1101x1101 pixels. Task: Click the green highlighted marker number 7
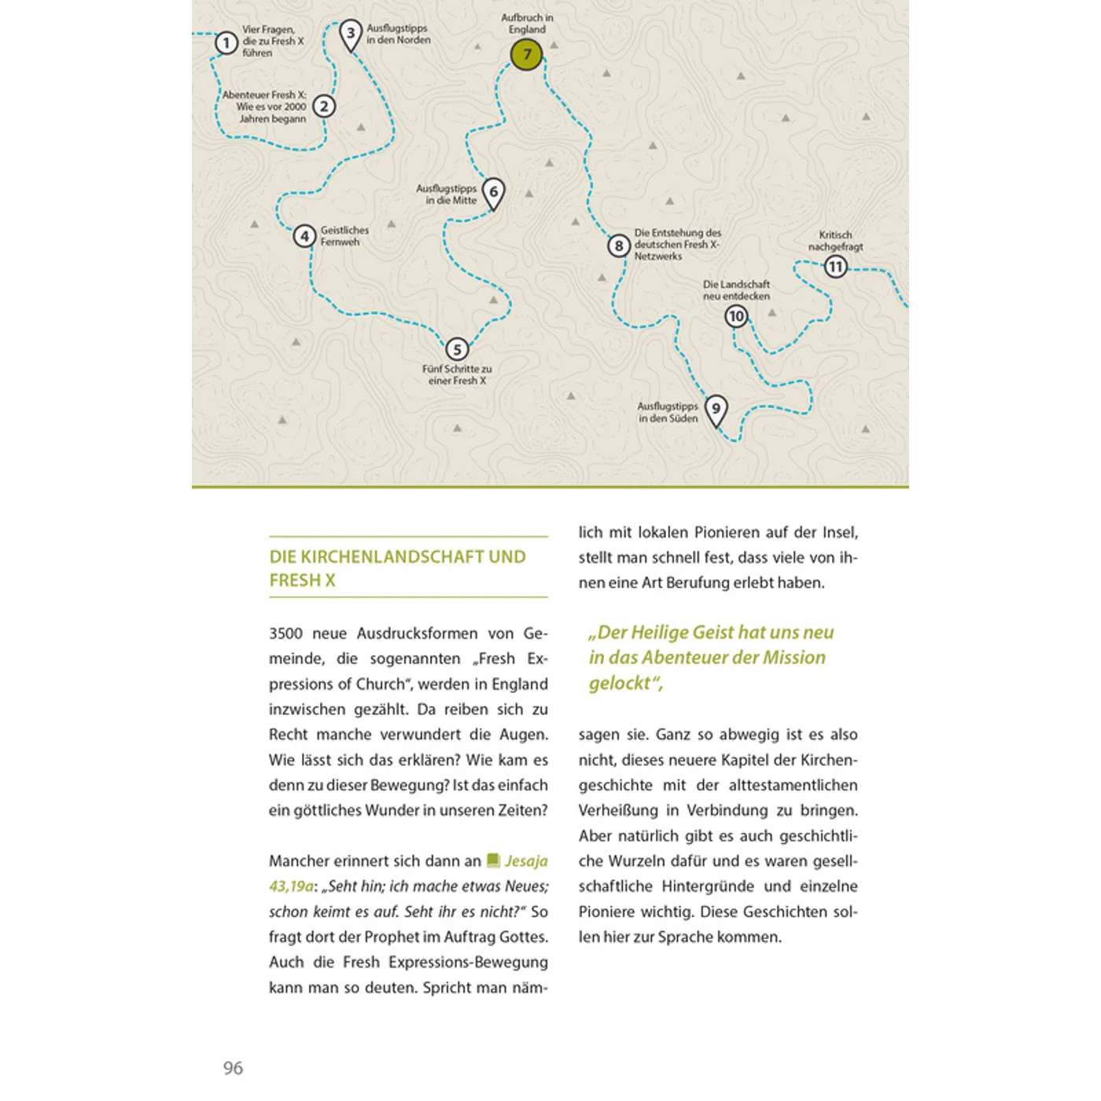[526, 54]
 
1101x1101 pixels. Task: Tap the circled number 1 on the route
[226, 42]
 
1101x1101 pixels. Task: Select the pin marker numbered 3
[351, 34]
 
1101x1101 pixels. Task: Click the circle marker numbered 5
[457, 349]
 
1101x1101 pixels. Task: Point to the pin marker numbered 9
[716, 409]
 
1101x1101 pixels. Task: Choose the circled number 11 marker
[835, 267]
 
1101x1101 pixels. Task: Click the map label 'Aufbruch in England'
[527, 24]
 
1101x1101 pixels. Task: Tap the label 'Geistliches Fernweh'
[344, 236]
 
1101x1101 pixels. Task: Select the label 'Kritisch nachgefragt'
[835, 241]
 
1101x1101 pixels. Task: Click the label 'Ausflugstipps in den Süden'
[668, 412]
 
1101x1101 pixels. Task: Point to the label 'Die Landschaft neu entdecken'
[736, 290]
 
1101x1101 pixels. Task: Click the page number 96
[233, 1068]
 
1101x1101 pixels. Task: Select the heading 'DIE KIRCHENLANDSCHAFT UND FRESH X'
[397, 568]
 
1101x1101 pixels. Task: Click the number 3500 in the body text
[285, 634]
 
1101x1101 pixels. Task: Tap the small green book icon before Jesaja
[493, 860]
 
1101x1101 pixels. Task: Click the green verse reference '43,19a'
[291, 886]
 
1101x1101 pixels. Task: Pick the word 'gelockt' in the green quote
[620, 683]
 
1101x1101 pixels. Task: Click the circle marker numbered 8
[619, 246]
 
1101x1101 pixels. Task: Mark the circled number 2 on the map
[324, 106]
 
